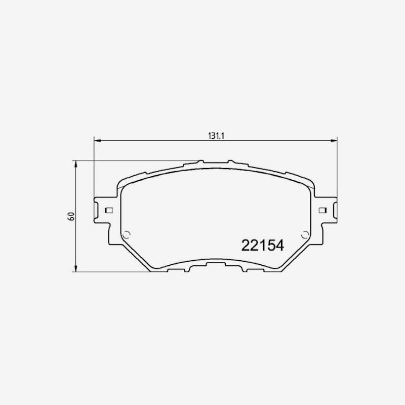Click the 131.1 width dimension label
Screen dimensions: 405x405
pyautogui.click(x=216, y=136)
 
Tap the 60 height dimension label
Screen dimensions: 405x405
pyautogui.click(x=71, y=216)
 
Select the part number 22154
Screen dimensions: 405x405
pyautogui.click(x=263, y=246)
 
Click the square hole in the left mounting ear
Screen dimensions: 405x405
pyautogui.click(x=109, y=210)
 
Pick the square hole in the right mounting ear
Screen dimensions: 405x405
pyautogui.click(x=322, y=210)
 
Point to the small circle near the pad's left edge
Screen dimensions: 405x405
pyautogui.click(x=127, y=235)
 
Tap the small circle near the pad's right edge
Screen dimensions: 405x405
pyautogui.click(x=305, y=235)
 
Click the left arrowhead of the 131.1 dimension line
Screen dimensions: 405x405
pyautogui.click(x=97, y=141)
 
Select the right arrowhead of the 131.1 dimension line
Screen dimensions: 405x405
pyautogui.click(x=334, y=141)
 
